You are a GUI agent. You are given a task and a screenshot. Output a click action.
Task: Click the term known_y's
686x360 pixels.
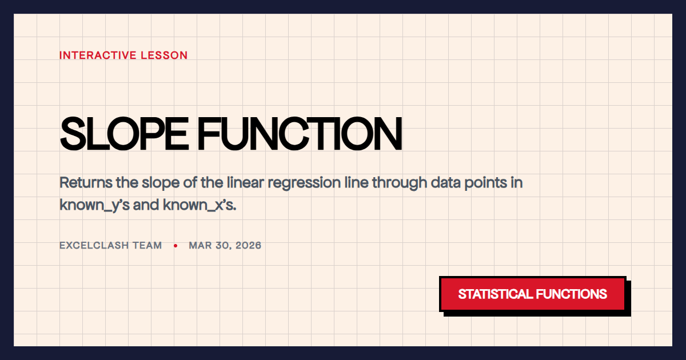(x=94, y=205)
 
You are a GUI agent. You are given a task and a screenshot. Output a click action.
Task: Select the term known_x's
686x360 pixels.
(x=200, y=205)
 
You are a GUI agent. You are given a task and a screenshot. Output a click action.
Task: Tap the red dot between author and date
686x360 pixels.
(x=176, y=246)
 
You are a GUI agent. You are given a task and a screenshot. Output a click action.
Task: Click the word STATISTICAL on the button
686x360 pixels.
(x=494, y=294)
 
